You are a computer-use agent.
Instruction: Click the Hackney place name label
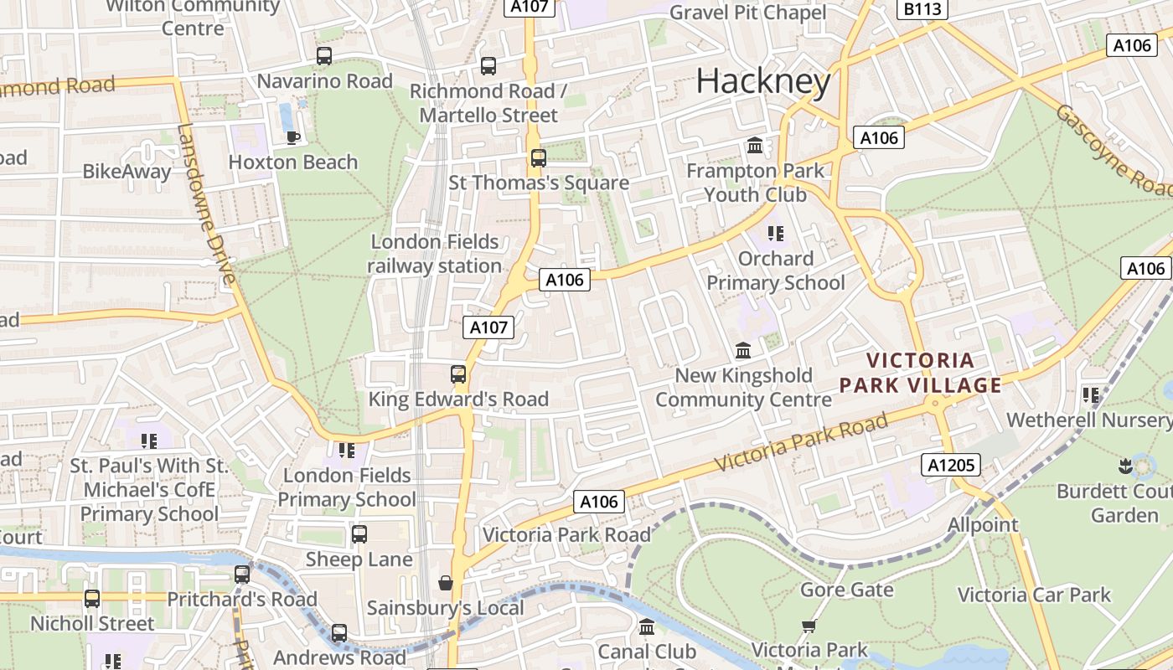[x=763, y=81]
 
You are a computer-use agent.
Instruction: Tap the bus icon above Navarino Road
[x=323, y=56]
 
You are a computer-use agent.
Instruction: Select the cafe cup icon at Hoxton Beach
[x=292, y=137]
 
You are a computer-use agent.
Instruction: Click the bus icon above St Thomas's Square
[x=538, y=157]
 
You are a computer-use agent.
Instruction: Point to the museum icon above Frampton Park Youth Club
[x=755, y=146]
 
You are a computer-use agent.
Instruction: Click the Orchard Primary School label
[x=775, y=271]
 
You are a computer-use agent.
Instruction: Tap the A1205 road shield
[x=949, y=464]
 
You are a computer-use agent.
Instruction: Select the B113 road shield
[x=922, y=9]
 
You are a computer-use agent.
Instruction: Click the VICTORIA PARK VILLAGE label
[x=920, y=373]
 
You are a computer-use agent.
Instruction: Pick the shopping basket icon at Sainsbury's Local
[x=445, y=583]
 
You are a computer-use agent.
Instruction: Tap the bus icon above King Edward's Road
[x=457, y=374]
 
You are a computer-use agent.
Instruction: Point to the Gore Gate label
[x=846, y=590]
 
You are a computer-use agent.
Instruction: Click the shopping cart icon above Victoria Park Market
[x=809, y=626]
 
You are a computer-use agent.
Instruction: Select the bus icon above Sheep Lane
[x=359, y=533]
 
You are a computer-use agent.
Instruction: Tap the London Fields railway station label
[x=435, y=254]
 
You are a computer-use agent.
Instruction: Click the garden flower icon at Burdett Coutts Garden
[x=1124, y=465]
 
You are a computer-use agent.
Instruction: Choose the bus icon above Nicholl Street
[x=92, y=599]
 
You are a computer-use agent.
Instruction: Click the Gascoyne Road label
[x=1114, y=151]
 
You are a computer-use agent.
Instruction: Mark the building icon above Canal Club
[x=646, y=626]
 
